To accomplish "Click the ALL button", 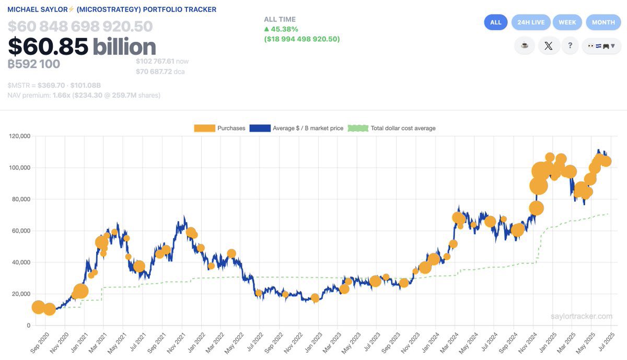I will click(x=495, y=22).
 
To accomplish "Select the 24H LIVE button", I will click(x=530, y=22).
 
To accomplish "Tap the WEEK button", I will click(x=567, y=22).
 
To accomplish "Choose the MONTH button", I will click(x=603, y=22).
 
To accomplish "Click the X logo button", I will click(x=548, y=45).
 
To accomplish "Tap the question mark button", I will click(x=570, y=45).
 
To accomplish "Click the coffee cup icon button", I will click(x=524, y=45).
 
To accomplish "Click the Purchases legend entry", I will click(x=219, y=128).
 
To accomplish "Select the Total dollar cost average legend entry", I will click(x=391, y=128).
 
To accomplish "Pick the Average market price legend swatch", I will click(x=260, y=128).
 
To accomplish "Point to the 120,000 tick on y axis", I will click(x=19, y=136).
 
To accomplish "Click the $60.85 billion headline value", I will click(x=82, y=47).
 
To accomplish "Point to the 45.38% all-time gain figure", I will click(x=284, y=29).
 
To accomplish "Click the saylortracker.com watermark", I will click(x=581, y=316).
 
